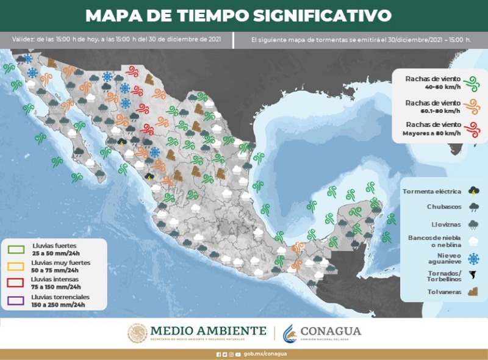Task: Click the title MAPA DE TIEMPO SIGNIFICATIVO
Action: (x=238, y=15)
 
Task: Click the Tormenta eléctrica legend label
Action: (x=431, y=192)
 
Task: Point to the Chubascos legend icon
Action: (x=473, y=207)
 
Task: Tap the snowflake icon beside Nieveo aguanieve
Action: (x=473, y=258)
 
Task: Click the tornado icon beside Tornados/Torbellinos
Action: (x=473, y=275)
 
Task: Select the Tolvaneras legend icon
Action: (x=473, y=291)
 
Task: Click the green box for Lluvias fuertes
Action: (x=16, y=249)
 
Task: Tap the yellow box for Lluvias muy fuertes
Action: (x=16, y=266)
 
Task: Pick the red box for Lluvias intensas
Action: (x=16, y=283)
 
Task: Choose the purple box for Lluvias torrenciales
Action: (x=16, y=299)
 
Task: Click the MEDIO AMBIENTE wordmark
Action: (x=207, y=331)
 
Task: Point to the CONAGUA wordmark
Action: (x=331, y=331)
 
